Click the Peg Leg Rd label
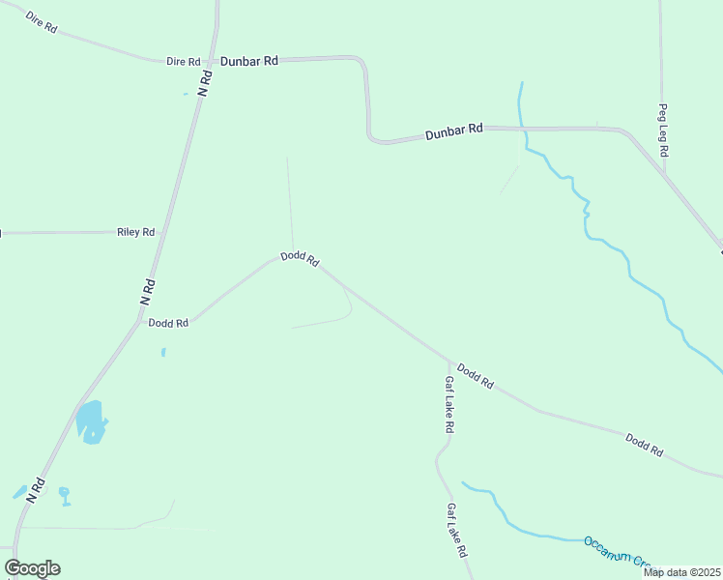point(664,131)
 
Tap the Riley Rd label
point(135,232)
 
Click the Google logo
point(32,568)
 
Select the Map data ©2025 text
point(681,572)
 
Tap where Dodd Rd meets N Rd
point(138,322)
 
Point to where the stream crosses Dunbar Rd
point(522,128)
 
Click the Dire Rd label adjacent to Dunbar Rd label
point(183,61)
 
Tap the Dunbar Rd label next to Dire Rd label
point(248,61)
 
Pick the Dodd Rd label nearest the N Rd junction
point(168,323)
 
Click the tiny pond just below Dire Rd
point(186,94)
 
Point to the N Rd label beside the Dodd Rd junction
point(148,293)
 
